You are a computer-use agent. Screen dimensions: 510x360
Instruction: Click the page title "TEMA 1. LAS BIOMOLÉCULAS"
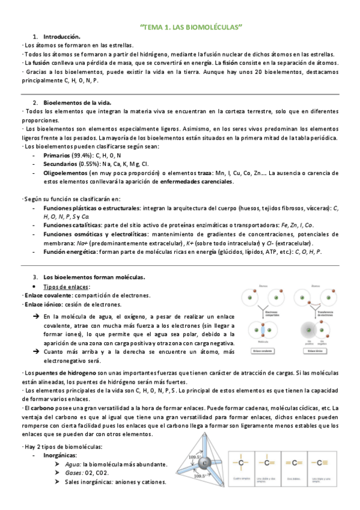coord(191,28)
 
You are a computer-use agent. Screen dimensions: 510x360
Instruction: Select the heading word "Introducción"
coord(61,37)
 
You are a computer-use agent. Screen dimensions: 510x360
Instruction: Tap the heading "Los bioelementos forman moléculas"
coord(94,277)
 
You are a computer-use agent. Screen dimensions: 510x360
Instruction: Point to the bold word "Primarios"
coord(57,155)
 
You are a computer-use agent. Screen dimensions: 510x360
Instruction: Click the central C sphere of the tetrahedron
coord(205,464)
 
